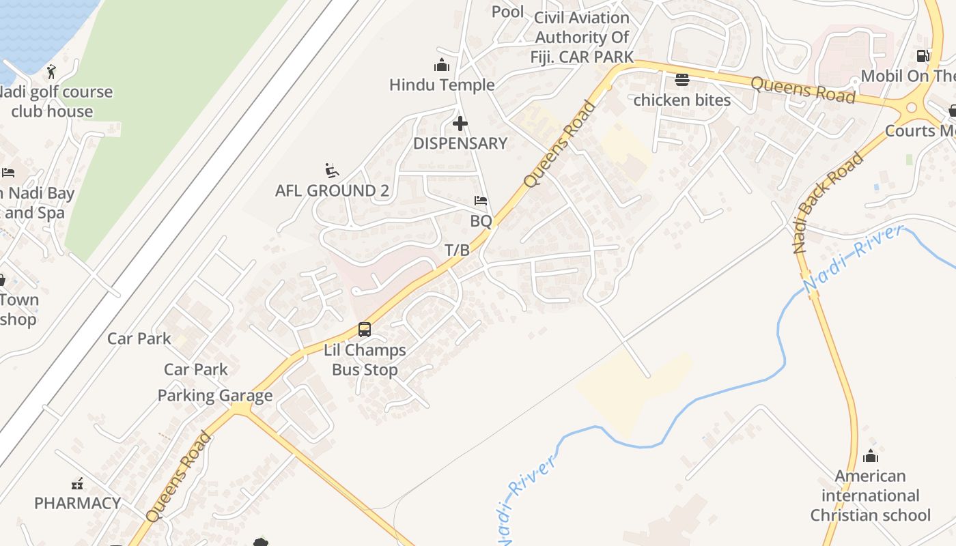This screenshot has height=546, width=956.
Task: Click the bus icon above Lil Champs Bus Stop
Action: [365, 330]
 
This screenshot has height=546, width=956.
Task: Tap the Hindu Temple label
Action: [442, 85]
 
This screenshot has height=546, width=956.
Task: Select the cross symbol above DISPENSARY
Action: [460, 124]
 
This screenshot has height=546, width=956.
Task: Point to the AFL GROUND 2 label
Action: [332, 190]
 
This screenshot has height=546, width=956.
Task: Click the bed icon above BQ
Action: [481, 201]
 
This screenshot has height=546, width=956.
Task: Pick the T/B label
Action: [458, 250]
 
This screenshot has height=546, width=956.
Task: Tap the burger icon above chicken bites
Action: [681, 80]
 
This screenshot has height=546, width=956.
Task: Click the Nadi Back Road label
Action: [828, 203]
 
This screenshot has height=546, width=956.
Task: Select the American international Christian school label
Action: [871, 495]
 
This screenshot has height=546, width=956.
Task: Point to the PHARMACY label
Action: [78, 503]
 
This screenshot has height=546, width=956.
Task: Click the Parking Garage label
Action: [215, 395]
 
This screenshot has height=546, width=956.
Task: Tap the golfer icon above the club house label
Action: [51, 71]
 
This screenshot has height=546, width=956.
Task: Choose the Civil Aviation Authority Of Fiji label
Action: [582, 37]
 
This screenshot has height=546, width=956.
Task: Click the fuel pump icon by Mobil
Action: [923, 56]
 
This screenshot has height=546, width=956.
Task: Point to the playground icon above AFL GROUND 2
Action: [332, 171]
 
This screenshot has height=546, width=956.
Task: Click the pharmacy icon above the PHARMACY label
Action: [77, 484]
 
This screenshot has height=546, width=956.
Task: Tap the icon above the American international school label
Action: [871, 455]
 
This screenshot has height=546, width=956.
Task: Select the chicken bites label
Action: [681, 100]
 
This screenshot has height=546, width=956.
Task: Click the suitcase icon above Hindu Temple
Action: [442, 66]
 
